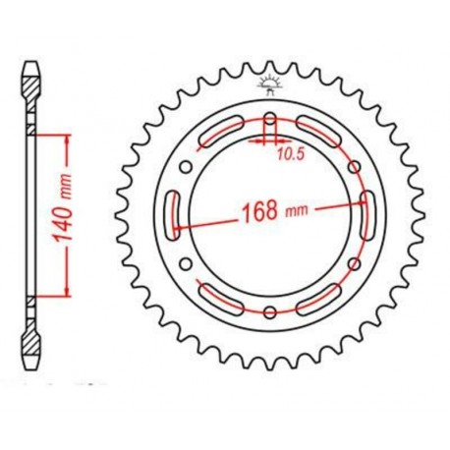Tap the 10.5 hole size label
(288, 153)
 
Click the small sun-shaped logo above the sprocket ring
(269, 84)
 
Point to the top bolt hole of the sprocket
(269, 120)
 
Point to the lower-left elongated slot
(221, 300)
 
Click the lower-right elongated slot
(317, 300)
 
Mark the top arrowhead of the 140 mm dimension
(69, 137)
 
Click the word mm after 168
(294, 210)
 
